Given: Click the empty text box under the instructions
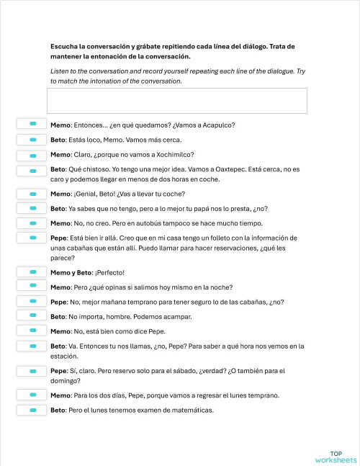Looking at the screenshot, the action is (x=176, y=100).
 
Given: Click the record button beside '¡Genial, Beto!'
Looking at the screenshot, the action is (x=32, y=194).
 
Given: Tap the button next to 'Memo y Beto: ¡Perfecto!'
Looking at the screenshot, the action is (x=32, y=272).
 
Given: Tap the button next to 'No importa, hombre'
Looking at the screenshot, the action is (x=32, y=316).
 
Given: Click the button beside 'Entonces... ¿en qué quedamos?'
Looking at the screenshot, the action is (x=32, y=125).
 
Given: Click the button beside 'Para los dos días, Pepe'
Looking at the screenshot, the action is (x=32, y=395).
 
